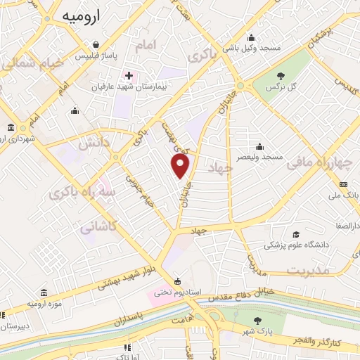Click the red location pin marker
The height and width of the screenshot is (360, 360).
pyautogui.click(x=181, y=166)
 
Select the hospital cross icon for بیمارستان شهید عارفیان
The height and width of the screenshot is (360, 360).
pyautogui.click(x=128, y=75)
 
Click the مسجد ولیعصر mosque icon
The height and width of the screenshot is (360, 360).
pyautogui.click(x=260, y=147)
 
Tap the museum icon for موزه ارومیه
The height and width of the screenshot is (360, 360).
pyautogui.click(x=44, y=292)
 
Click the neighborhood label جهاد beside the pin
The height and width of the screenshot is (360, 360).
pyautogui.click(x=220, y=167)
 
